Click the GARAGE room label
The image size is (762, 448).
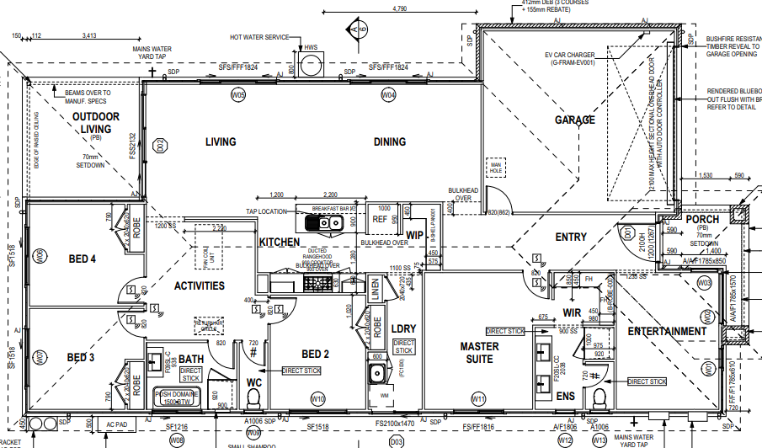point(574,120)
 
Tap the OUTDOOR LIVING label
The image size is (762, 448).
point(95,122)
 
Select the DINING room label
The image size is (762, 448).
point(390,142)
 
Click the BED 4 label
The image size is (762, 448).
point(82,259)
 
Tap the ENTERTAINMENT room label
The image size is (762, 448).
point(667,332)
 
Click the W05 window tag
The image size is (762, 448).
point(239,96)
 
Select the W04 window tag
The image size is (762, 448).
point(388,96)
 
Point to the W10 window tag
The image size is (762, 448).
point(318,398)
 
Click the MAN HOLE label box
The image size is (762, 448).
point(496,168)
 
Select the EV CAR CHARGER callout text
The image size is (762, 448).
point(576,58)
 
